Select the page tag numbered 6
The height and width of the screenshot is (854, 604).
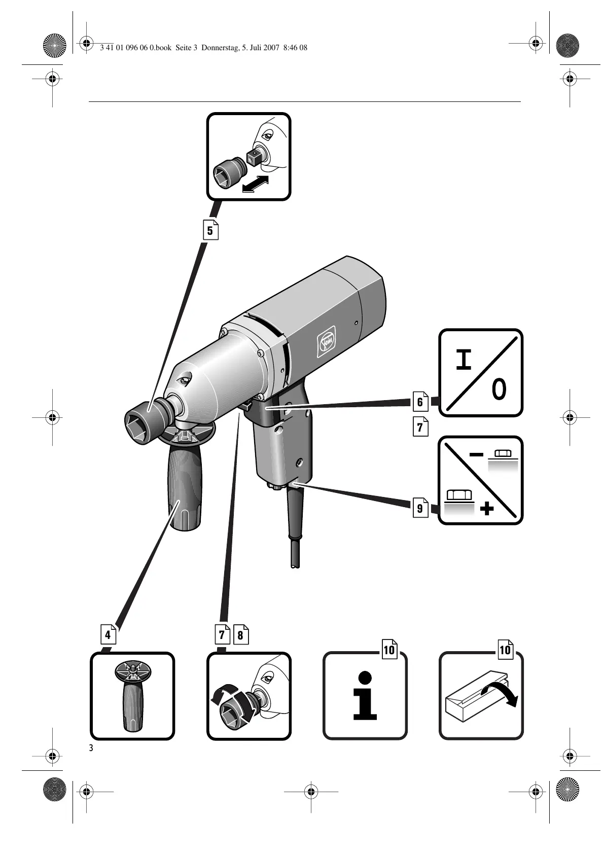tap(420, 402)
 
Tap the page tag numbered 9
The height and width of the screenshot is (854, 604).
tap(420, 508)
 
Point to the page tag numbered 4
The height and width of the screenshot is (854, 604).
tap(108, 634)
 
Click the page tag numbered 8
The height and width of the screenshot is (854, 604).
tap(240, 634)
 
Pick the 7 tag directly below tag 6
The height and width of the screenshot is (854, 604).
tap(420, 427)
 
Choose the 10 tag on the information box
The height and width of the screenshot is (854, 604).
tap(389, 650)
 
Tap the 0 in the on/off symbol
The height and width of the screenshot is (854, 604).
tap(499, 390)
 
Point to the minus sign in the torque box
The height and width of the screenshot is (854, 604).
tap(476, 455)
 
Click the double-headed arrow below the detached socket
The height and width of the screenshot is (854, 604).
tap(255, 184)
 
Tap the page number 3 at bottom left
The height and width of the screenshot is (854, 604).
tap(91, 749)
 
